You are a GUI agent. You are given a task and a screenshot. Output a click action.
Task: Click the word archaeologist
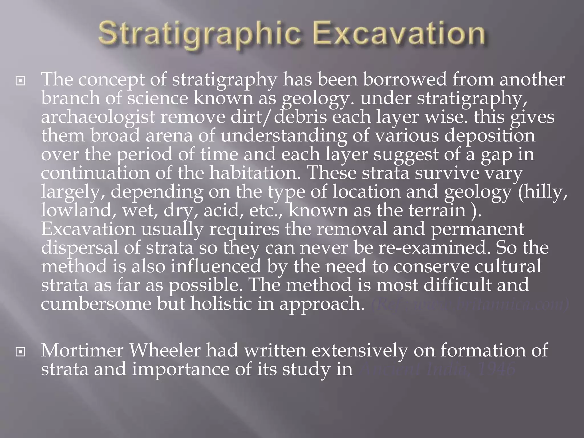pyautogui.click(x=98, y=117)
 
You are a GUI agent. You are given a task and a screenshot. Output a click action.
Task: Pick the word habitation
pyautogui.click(x=255, y=173)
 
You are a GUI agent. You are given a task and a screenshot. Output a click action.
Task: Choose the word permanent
pyautogui.click(x=477, y=229)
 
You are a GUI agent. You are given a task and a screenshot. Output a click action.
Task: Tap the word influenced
pyautogui.click(x=216, y=266)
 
